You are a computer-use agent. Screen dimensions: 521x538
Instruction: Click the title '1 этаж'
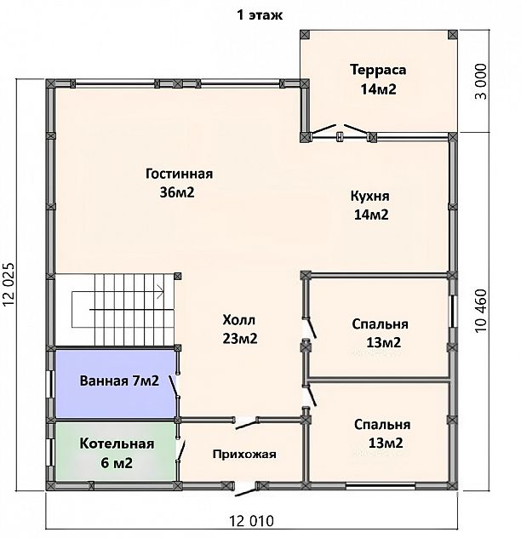pos(260,15)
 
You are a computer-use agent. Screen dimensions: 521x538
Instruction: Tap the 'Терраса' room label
pos(378,70)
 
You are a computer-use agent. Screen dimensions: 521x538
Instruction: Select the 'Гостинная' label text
pos(179,174)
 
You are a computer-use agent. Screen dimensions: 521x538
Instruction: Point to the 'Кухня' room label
pos(370,196)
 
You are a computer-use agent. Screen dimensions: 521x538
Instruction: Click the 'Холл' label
pos(239,320)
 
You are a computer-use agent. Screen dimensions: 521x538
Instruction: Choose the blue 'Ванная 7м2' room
pos(116,384)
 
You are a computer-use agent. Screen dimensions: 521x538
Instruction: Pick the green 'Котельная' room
pos(116,451)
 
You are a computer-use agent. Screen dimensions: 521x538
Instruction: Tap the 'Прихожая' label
pos(244,455)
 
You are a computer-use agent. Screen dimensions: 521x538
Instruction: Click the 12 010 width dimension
pos(252,521)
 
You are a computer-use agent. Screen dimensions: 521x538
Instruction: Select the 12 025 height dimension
pos(9,284)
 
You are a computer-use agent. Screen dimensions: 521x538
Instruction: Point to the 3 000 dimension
pos(481,82)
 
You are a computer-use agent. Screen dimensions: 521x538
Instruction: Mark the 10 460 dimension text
pos(481,311)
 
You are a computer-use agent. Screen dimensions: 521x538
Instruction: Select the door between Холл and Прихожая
pos(246,423)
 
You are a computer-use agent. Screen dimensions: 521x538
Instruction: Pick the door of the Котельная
pos(180,450)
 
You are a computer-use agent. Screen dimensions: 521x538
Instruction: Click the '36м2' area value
pos(177,192)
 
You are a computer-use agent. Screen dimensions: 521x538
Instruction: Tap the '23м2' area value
pos(240,339)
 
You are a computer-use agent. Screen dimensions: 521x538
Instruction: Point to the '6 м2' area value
pos(117,463)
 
